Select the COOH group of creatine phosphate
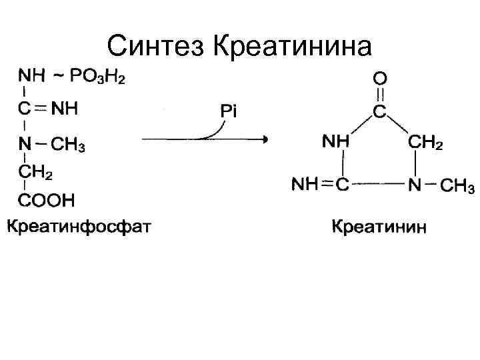coord(46,199)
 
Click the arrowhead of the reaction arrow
coord(265,139)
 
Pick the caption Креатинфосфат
coord(79,227)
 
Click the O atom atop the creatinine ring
coord(379,79)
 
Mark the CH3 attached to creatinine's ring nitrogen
coord(457,185)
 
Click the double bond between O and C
coord(379,95)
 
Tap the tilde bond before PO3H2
coord(58,75)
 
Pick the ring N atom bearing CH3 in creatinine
coord(415,185)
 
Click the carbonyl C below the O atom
coord(379,111)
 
